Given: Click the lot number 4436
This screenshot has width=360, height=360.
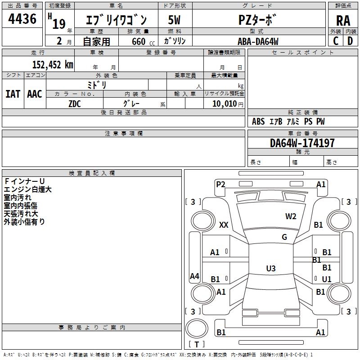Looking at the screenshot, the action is [22, 19].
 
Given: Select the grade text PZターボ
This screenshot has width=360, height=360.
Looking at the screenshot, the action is [257, 20].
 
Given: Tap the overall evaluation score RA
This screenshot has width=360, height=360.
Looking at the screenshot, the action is [343, 21].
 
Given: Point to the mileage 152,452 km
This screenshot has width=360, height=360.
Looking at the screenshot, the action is [53, 65].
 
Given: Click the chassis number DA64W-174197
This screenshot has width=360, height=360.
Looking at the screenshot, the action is [302, 143].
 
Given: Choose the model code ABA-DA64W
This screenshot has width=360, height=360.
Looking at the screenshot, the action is [258, 41].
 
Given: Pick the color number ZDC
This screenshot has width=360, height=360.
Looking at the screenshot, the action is [75, 104].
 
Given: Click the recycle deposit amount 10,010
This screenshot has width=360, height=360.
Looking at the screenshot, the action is [225, 104].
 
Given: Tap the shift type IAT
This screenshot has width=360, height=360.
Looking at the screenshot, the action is [13, 94].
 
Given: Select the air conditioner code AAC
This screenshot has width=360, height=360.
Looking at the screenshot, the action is [35, 94].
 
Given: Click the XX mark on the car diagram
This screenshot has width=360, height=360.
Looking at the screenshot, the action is [224, 225].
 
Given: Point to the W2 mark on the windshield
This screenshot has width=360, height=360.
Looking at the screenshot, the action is [291, 216].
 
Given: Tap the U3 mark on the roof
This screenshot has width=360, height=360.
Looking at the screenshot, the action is [271, 268].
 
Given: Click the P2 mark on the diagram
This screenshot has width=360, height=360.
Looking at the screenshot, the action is [220, 184].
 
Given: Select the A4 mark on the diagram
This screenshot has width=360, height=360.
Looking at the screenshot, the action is [194, 276].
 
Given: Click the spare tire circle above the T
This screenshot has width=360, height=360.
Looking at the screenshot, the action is [197, 328].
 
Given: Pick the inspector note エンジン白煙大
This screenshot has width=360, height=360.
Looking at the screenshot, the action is [27, 189].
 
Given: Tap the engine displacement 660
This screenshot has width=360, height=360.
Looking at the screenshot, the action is [139, 41].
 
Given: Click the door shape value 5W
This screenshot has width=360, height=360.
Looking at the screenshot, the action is [174, 20].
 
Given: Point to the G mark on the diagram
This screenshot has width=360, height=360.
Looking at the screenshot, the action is [284, 237].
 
